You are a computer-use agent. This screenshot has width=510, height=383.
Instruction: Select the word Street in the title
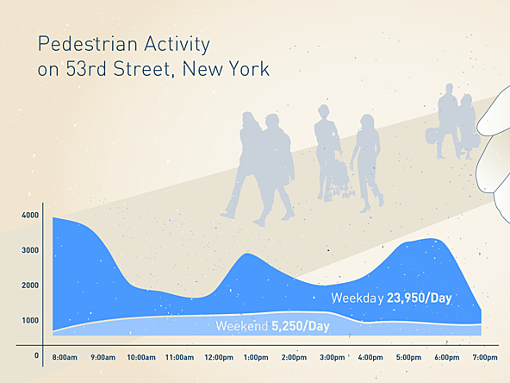pos(141,69)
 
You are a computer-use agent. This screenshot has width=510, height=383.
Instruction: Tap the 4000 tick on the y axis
pos(30,215)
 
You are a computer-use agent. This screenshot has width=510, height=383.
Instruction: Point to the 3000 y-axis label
pos(30,250)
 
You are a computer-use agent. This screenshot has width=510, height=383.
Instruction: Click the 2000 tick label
pos(30,286)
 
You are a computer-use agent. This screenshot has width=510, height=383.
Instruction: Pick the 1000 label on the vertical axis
pos(30,321)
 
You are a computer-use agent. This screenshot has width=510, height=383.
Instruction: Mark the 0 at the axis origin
pos(36,355)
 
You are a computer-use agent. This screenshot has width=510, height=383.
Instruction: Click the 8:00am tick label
pos(65,358)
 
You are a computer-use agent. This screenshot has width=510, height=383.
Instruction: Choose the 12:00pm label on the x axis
pos(219,358)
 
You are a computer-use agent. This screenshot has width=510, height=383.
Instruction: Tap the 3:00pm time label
pos(332,358)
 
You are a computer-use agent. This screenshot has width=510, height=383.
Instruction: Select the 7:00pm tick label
pos(485,358)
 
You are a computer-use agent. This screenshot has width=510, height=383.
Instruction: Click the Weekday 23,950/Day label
pos(391,298)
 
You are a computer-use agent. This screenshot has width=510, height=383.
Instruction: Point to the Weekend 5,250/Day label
pos(272,326)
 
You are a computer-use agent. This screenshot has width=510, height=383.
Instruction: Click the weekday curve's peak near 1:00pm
pos(247,254)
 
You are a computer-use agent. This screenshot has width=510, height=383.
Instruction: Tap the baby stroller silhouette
pos(340,178)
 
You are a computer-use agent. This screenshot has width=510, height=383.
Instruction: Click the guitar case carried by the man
pos(432,136)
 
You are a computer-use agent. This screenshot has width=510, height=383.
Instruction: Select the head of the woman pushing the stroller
pos(324,112)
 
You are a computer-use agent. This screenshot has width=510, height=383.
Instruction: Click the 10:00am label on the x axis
pos(141,358)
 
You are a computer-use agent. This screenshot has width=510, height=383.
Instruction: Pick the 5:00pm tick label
pos(408,358)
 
